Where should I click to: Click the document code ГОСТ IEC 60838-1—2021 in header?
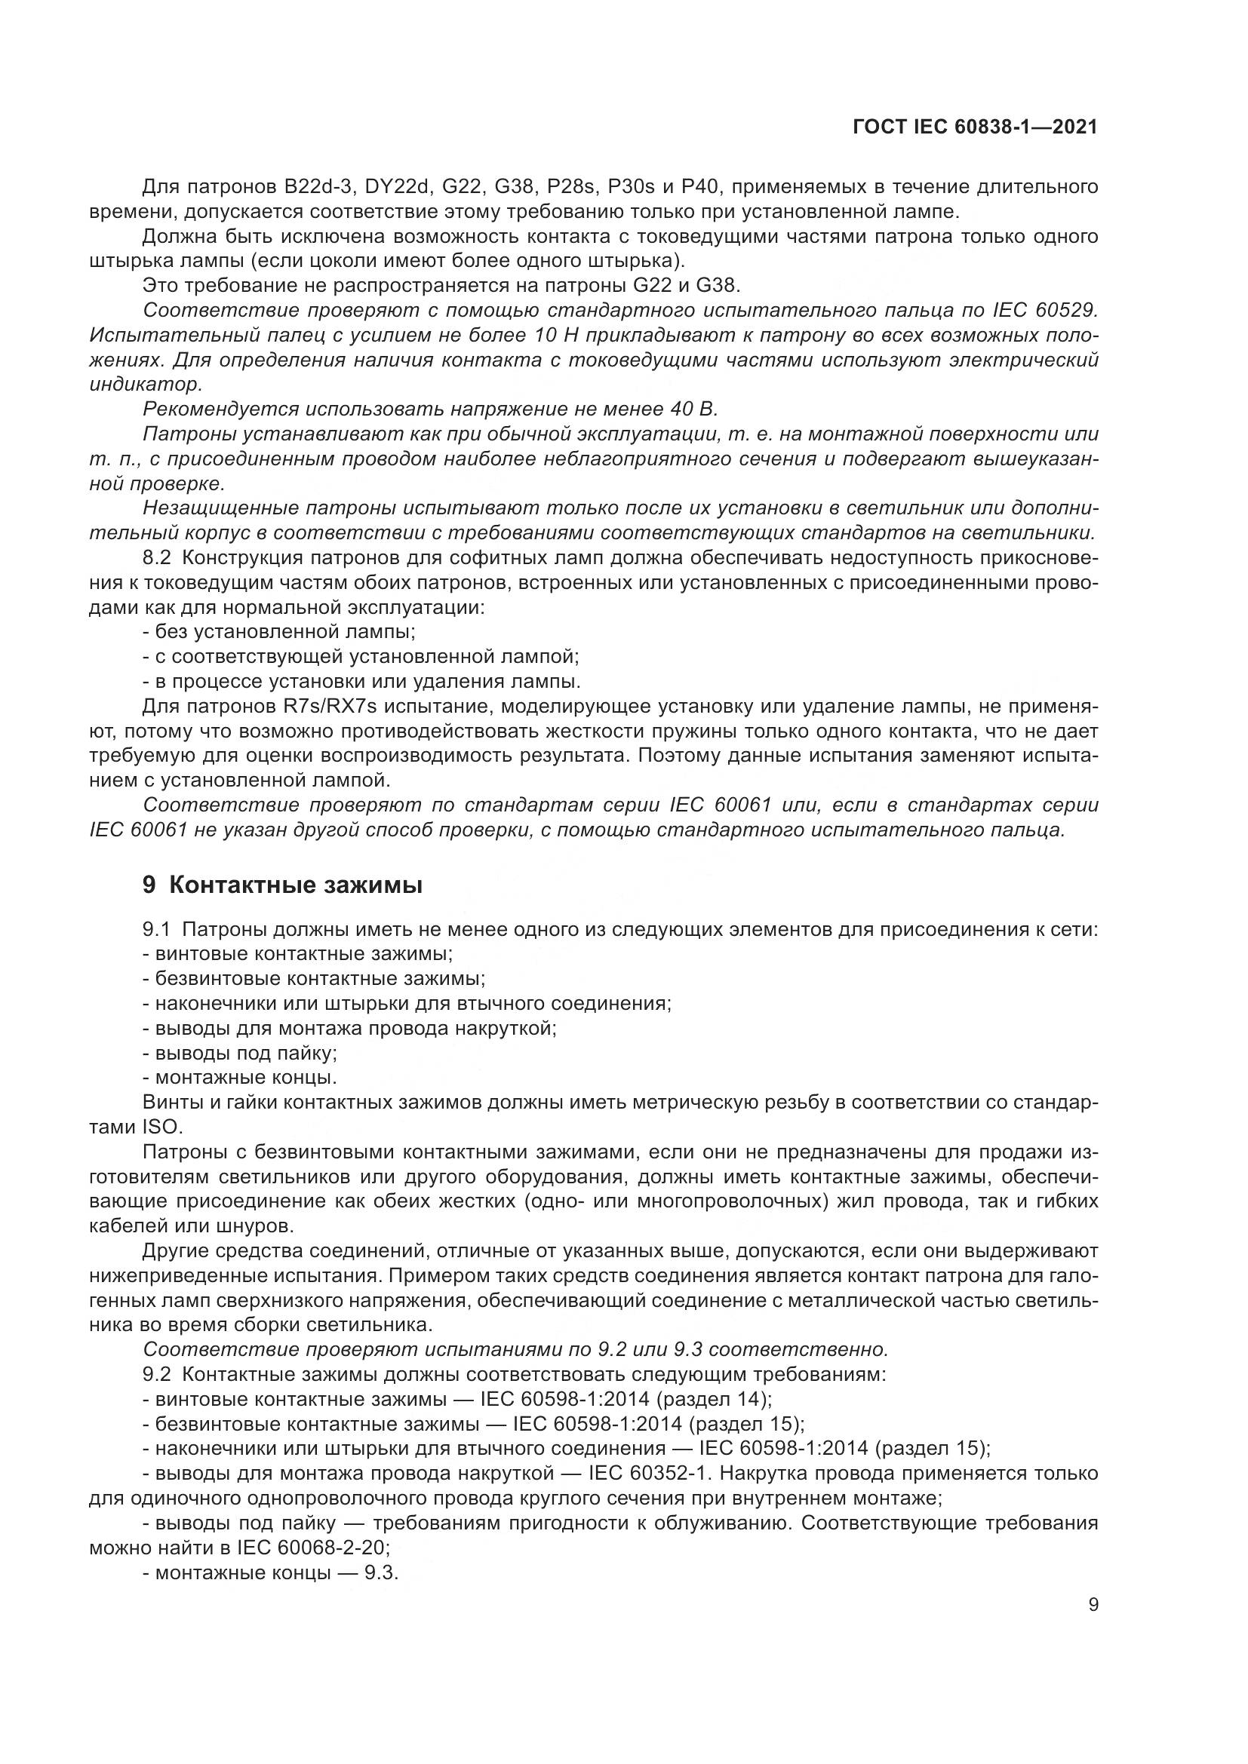(974, 127)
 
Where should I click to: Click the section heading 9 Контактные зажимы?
(282, 885)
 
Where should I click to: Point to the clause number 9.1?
(156, 930)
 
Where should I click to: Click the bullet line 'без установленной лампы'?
(279, 632)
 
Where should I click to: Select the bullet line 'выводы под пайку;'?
(241, 1053)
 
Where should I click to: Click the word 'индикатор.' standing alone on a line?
(145, 384)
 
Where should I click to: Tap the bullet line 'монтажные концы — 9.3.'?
(272, 1572)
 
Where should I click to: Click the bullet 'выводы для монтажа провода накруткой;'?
(349, 1028)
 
